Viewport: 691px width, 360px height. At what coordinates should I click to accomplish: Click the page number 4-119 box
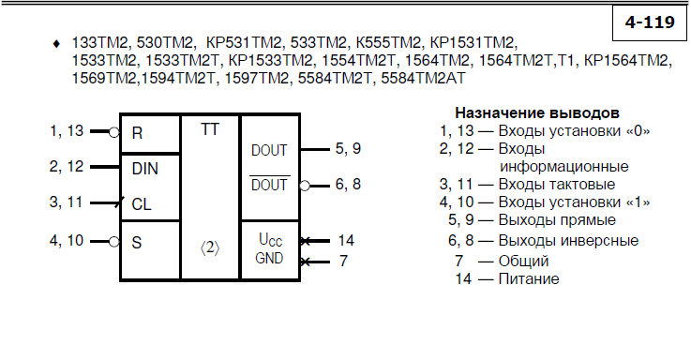click(x=650, y=22)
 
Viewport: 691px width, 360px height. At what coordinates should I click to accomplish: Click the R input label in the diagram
click(x=137, y=133)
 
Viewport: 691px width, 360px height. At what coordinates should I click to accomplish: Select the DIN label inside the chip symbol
click(x=145, y=169)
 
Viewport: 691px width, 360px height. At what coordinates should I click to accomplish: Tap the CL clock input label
click(x=142, y=204)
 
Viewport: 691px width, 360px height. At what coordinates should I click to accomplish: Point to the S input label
click(x=137, y=243)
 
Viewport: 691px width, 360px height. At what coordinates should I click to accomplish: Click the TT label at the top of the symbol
click(x=210, y=129)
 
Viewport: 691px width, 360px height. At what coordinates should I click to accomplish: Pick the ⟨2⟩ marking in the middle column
click(x=210, y=248)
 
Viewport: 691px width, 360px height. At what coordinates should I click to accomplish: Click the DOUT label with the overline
click(x=269, y=184)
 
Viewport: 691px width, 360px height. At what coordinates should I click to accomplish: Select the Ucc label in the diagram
click(x=270, y=240)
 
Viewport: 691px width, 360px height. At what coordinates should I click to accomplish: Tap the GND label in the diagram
click(x=269, y=258)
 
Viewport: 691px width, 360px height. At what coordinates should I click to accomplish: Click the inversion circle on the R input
click(x=114, y=132)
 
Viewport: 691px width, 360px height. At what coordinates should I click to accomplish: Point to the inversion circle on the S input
click(x=114, y=242)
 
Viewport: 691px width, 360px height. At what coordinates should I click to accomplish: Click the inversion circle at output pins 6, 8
click(x=305, y=186)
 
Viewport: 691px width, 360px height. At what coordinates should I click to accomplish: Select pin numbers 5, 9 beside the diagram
click(x=348, y=148)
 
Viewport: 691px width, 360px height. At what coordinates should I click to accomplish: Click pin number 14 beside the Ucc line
click(x=346, y=240)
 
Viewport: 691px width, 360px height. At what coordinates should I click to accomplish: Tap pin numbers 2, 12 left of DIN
click(x=67, y=167)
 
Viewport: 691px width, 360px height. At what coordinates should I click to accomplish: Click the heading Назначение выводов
click(x=537, y=112)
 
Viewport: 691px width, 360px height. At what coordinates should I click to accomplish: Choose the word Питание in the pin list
click(x=529, y=279)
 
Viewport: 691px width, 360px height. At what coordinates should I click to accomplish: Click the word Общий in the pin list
click(x=523, y=261)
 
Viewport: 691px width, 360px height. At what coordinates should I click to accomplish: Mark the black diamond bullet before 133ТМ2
click(x=56, y=44)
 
